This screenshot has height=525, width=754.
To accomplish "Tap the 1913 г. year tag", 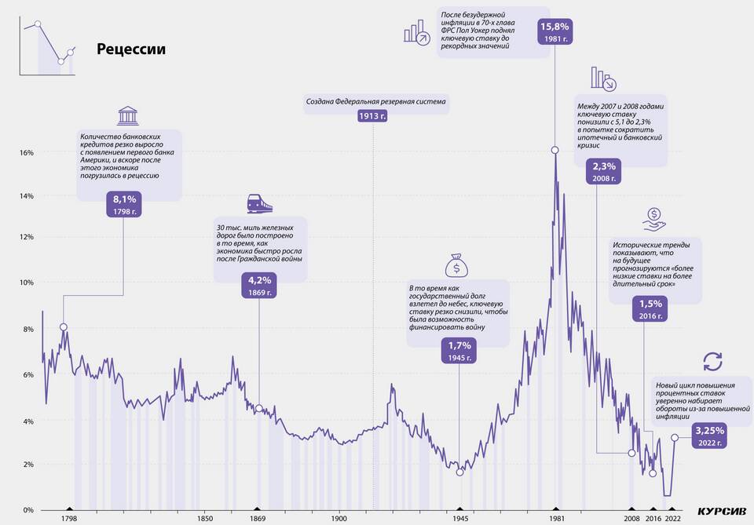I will (x=372, y=116).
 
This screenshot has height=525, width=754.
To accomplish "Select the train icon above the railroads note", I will (x=259, y=203).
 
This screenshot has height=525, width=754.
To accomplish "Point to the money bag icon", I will (x=457, y=267).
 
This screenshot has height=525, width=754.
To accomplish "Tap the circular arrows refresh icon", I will (x=712, y=362).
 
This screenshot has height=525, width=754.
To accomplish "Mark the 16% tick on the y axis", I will (x=25, y=152).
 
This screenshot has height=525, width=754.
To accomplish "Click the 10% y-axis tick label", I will (x=25, y=283).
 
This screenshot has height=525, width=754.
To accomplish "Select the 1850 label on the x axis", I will (x=204, y=519).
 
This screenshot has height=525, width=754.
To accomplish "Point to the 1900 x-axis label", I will (x=339, y=519).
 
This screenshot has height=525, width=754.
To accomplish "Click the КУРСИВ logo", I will (x=709, y=511).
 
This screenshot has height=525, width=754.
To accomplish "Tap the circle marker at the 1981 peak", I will (x=555, y=150).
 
